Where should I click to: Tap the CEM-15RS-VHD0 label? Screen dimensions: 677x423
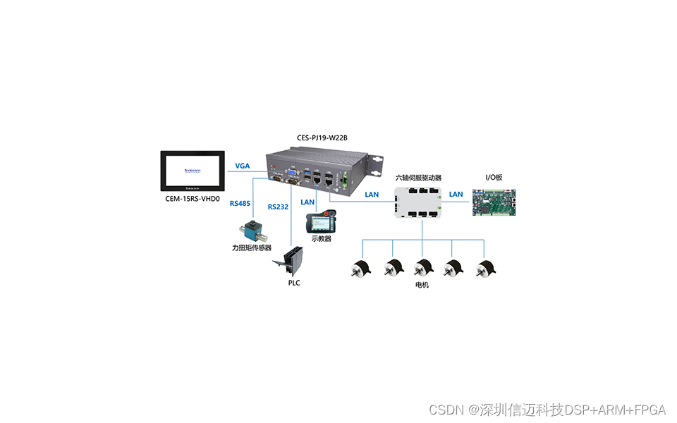click(193, 200)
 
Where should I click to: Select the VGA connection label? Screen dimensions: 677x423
click(243, 166)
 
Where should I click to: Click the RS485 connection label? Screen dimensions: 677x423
click(240, 203)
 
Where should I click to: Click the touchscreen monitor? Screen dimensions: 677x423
click(193, 171)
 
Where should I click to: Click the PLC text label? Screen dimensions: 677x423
click(294, 283)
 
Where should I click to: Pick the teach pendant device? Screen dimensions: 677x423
click(321, 223)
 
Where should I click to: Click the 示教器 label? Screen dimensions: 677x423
click(322, 239)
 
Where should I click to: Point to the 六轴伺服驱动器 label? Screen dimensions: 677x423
click(418, 178)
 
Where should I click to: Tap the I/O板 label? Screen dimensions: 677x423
click(494, 178)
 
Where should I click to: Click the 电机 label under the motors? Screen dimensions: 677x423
click(421, 286)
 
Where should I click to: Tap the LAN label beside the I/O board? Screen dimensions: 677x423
click(456, 195)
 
